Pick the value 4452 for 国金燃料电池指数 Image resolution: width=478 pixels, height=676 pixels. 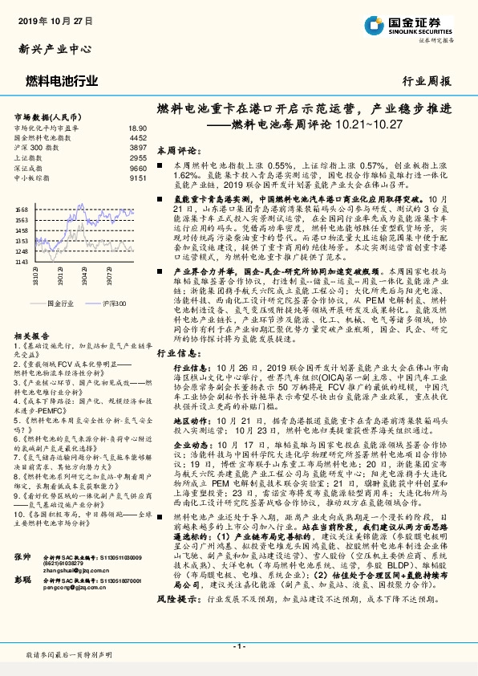pos(137,138)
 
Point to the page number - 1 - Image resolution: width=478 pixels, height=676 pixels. pos(238,645)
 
